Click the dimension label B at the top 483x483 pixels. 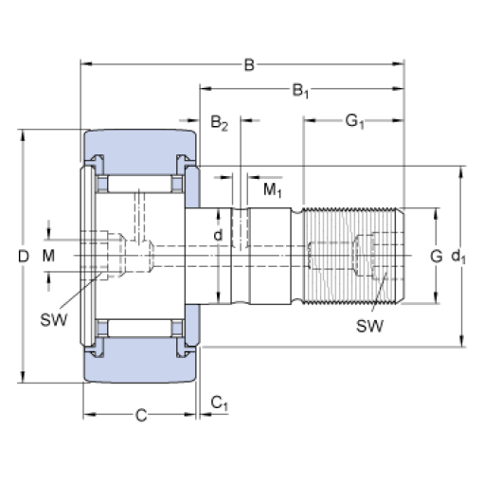pyautogui.click(x=249, y=64)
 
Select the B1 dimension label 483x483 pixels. pyautogui.click(x=300, y=91)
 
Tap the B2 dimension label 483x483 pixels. pyautogui.click(x=219, y=122)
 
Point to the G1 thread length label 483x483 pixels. pyautogui.click(x=354, y=121)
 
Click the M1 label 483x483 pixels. pyautogui.click(x=273, y=190)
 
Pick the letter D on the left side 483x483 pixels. pyautogui.click(x=24, y=256)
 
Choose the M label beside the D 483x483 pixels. pyautogui.click(x=48, y=256)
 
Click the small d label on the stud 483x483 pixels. pyautogui.click(x=218, y=235)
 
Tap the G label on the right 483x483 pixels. pyautogui.click(x=437, y=256)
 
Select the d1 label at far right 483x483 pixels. pyautogui.click(x=458, y=257)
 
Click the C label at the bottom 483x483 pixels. pyautogui.click(x=141, y=416)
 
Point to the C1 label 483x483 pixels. pyautogui.click(x=219, y=403)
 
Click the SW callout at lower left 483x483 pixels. pyautogui.click(x=54, y=320)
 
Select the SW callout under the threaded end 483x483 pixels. pyautogui.click(x=370, y=326)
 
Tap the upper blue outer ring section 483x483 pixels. pyautogui.click(x=140, y=151)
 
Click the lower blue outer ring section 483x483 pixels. pyautogui.click(x=140, y=361)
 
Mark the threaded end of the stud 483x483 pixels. pyautogui.click(x=353, y=256)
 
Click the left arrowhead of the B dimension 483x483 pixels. pyautogui.click(x=86, y=64)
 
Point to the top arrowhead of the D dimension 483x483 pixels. pyautogui.click(x=23, y=135)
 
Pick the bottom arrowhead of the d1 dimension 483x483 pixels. pyautogui.click(x=461, y=341)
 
